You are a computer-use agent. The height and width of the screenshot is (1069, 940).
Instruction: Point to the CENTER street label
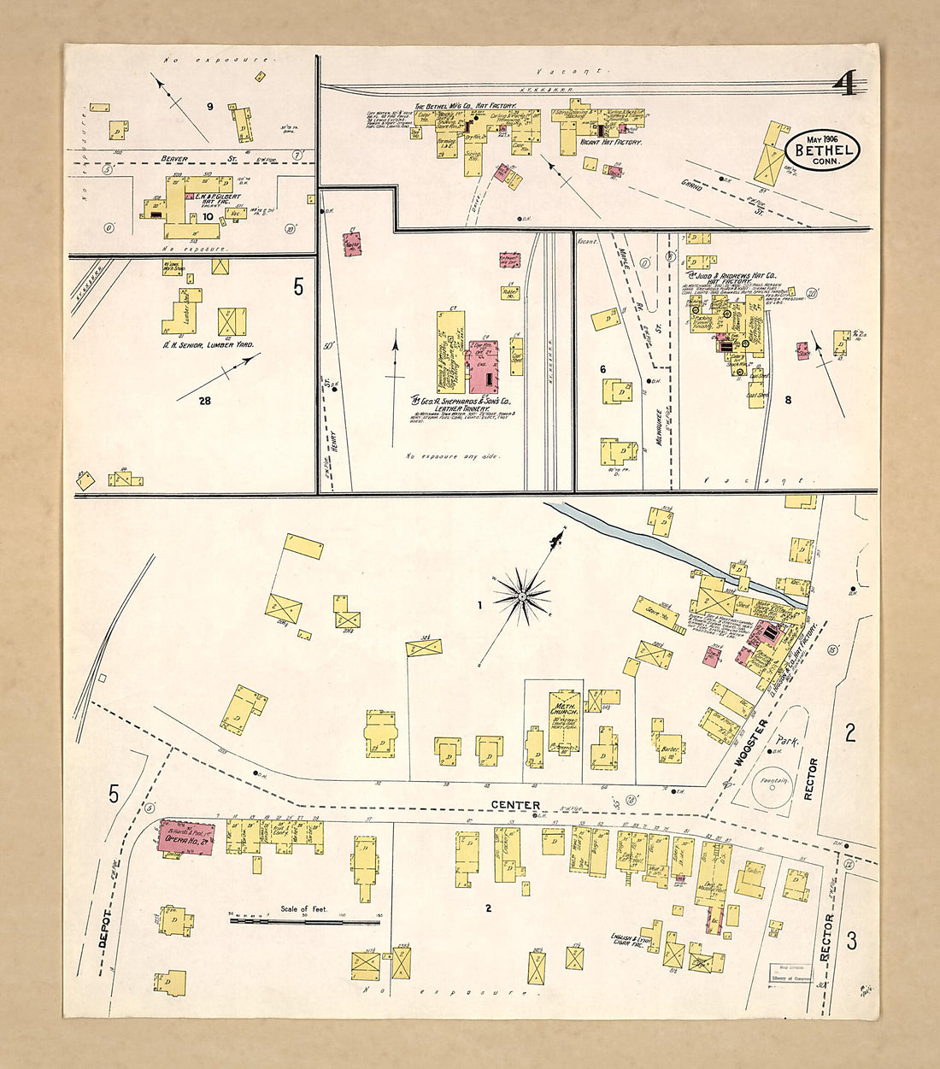click(x=515, y=805)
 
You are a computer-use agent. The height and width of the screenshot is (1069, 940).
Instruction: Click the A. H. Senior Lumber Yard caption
click(x=210, y=344)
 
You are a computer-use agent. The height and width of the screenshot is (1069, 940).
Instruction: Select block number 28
click(x=204, y=400)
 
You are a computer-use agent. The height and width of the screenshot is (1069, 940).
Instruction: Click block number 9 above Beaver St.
click(x=209, y=107)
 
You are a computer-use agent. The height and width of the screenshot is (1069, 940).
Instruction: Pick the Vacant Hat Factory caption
click(x=610, y=143)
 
